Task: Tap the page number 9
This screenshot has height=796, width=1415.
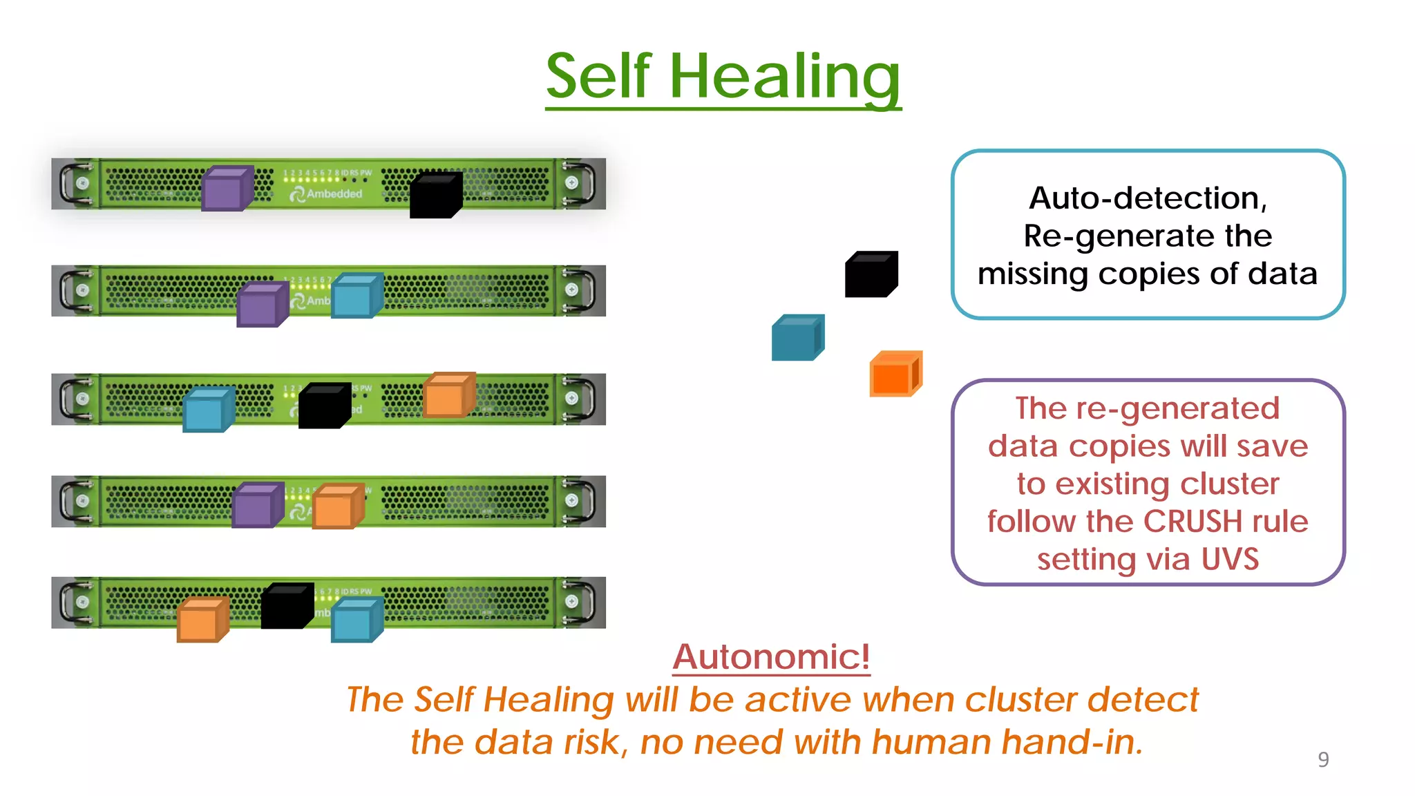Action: tap(1323, 759)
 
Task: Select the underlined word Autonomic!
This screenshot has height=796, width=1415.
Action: tap(771, 656)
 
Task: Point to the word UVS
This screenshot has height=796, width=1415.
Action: tap(1230, 559)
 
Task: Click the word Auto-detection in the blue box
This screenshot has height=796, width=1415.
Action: tap(1147, 199)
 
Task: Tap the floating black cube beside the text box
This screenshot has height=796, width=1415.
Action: tap(871, 274)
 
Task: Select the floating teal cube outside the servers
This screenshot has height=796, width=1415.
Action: tap(797, 338)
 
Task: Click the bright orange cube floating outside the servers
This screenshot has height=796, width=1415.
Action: tap(895, 374)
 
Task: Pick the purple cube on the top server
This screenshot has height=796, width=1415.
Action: tap(227, 189)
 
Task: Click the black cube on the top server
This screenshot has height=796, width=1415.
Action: tap(435, 196)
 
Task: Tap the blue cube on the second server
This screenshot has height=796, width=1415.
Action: tap(357, 296)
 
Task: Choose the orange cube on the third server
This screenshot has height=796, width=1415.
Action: tap(448, 395)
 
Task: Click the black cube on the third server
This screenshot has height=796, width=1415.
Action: tap(324, 406)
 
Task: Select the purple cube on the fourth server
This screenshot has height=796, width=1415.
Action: tap(257, 505)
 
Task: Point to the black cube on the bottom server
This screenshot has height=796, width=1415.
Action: tap(287, 607)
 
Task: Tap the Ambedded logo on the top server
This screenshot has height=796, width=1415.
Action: tap(327, 194)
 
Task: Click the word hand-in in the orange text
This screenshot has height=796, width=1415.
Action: tap(1072, 743)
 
